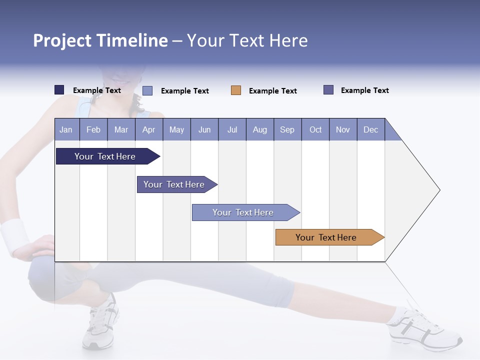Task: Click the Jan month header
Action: pos(66,129)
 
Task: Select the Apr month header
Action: pos(148,129)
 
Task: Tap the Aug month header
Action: pos(259,129)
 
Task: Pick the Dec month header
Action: pos(370,129)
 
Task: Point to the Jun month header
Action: pos(204,129)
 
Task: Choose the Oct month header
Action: pos(315,129)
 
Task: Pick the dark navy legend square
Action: pos(59,90)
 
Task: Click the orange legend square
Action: pos(236,90)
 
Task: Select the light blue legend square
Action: pos(147,90)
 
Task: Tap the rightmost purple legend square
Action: pos(328,90)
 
